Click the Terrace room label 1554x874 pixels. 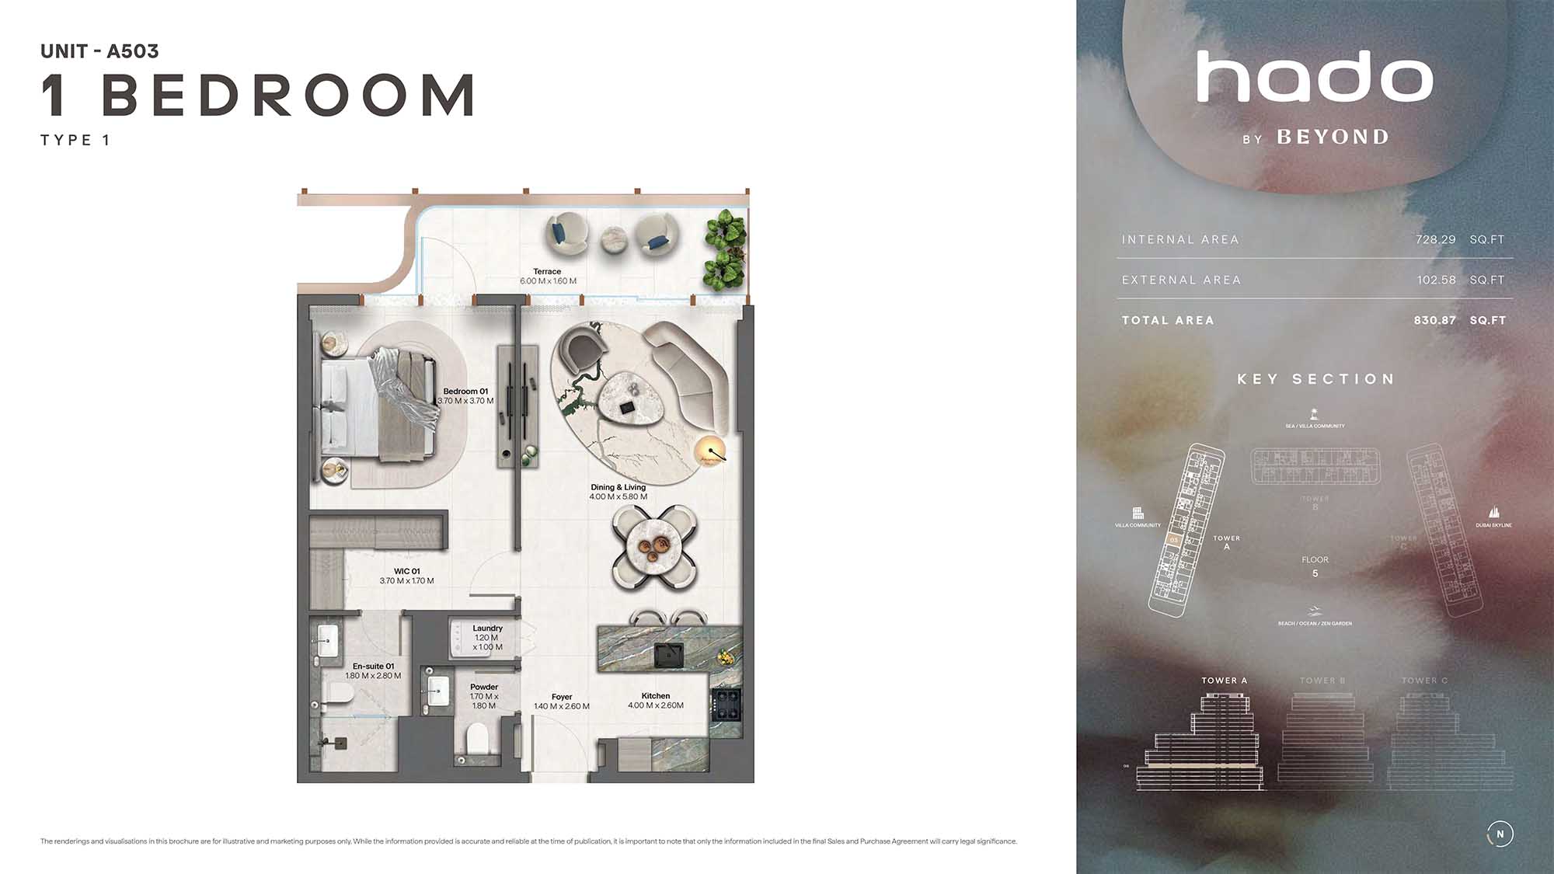pyautogui.click(x=547, y=272)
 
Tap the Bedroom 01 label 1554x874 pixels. pyautogui.click(x=465, y=392)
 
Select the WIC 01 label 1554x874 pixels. pyautogui.click(x=406, y=571)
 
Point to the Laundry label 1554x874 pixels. pyautogui.click(x=487, y=629)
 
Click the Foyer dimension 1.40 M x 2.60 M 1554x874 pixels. pyautogui.click(x=561, y=707)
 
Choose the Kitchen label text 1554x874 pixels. pyautogui.click(x=655, y=696)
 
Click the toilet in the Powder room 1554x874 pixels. pyautogui.click(x=477, y=739)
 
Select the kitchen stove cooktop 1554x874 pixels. pyautogui.click(x=726, y=704)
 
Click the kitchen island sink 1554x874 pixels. pyautogui.click(x=668, y=655)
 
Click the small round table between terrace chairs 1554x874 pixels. pyautogui.click(x=614, y=238)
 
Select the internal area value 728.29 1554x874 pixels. pyautogui.click(x=1435, y=239)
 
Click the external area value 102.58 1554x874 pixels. pyautogui.click(x=1436, y=280)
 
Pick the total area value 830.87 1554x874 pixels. pyautogui.click(x=1434, y=320)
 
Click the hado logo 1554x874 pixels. pyautogui.click(x=1314, y=77)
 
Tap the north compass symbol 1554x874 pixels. pyautogui.click(x=1500, y=834)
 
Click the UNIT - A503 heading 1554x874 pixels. pyautogui.click(x=99, y=51)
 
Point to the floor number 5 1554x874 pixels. pyautogui.click(x=1315, y=573)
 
